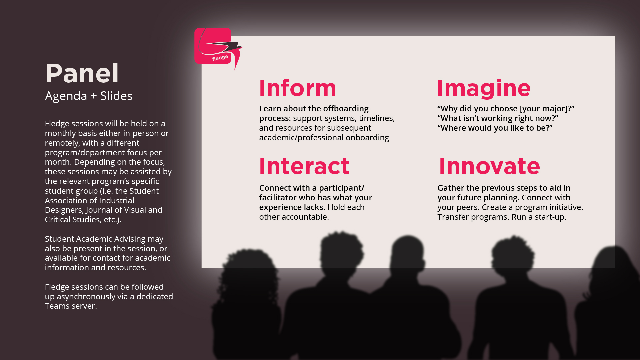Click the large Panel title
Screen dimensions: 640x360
(82, 73)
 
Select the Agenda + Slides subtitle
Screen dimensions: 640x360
(89, 96)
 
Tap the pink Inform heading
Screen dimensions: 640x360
(298, 88)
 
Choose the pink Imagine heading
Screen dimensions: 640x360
(484, 89)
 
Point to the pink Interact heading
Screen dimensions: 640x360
(304, 166)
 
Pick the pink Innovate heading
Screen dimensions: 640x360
(489, 166)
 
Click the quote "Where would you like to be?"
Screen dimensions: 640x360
(495, 128)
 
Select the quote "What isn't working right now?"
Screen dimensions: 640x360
(498, 118)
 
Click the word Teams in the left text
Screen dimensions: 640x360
(57, 306)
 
